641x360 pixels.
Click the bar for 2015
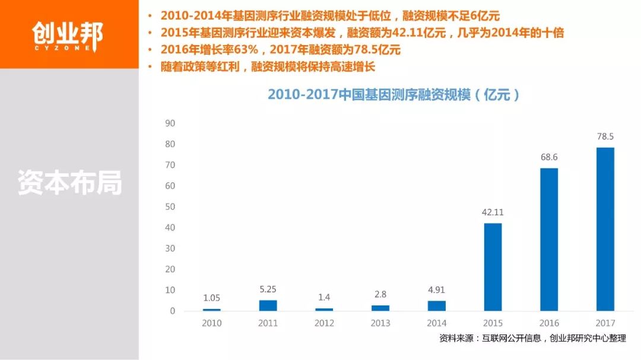(x=493, y=267)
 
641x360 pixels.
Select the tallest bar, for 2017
(x=605, y=229)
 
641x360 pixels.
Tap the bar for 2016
(x=549, y=240)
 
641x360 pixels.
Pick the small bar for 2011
(x=268, y=305)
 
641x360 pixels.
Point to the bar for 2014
(x=436, y=306)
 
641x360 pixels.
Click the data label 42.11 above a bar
(x=493, y=212)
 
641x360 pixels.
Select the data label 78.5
(x=605, y=137)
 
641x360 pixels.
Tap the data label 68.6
(x=549, y=158)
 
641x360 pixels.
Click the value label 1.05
(x=211, y=298)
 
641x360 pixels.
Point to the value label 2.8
(x=380, y=294)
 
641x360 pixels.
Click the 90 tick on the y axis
(x=170, y=123)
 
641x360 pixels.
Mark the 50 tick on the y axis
(x=170, y=207)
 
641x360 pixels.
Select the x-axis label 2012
(x=324, y=323)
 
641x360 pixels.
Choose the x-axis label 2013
(x=380, y=323)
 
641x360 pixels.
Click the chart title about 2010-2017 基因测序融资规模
(x=394, y=95)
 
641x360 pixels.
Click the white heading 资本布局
(x=69, y=183)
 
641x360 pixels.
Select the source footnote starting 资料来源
(x=532, y=339)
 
